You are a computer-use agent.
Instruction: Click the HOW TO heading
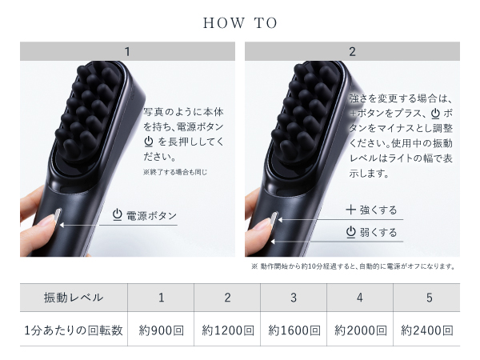point(240,23)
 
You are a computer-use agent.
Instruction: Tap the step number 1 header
point(127,52)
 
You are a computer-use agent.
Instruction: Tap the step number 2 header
point(352,52)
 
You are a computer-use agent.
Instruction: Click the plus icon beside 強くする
point(350,210)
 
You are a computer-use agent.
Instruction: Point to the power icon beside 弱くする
point(350,233)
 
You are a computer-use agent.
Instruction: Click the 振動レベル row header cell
point(74,298)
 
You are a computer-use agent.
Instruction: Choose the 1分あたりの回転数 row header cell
point(74,330)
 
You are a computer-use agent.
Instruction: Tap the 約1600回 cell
point(294,330)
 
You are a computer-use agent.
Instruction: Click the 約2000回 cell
point(360,330)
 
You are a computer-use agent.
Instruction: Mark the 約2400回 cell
point(426,330)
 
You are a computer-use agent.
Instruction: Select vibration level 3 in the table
point(294,298)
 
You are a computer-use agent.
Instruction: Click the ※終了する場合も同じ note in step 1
point(174,171)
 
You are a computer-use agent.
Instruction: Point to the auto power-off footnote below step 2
point(353,266)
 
